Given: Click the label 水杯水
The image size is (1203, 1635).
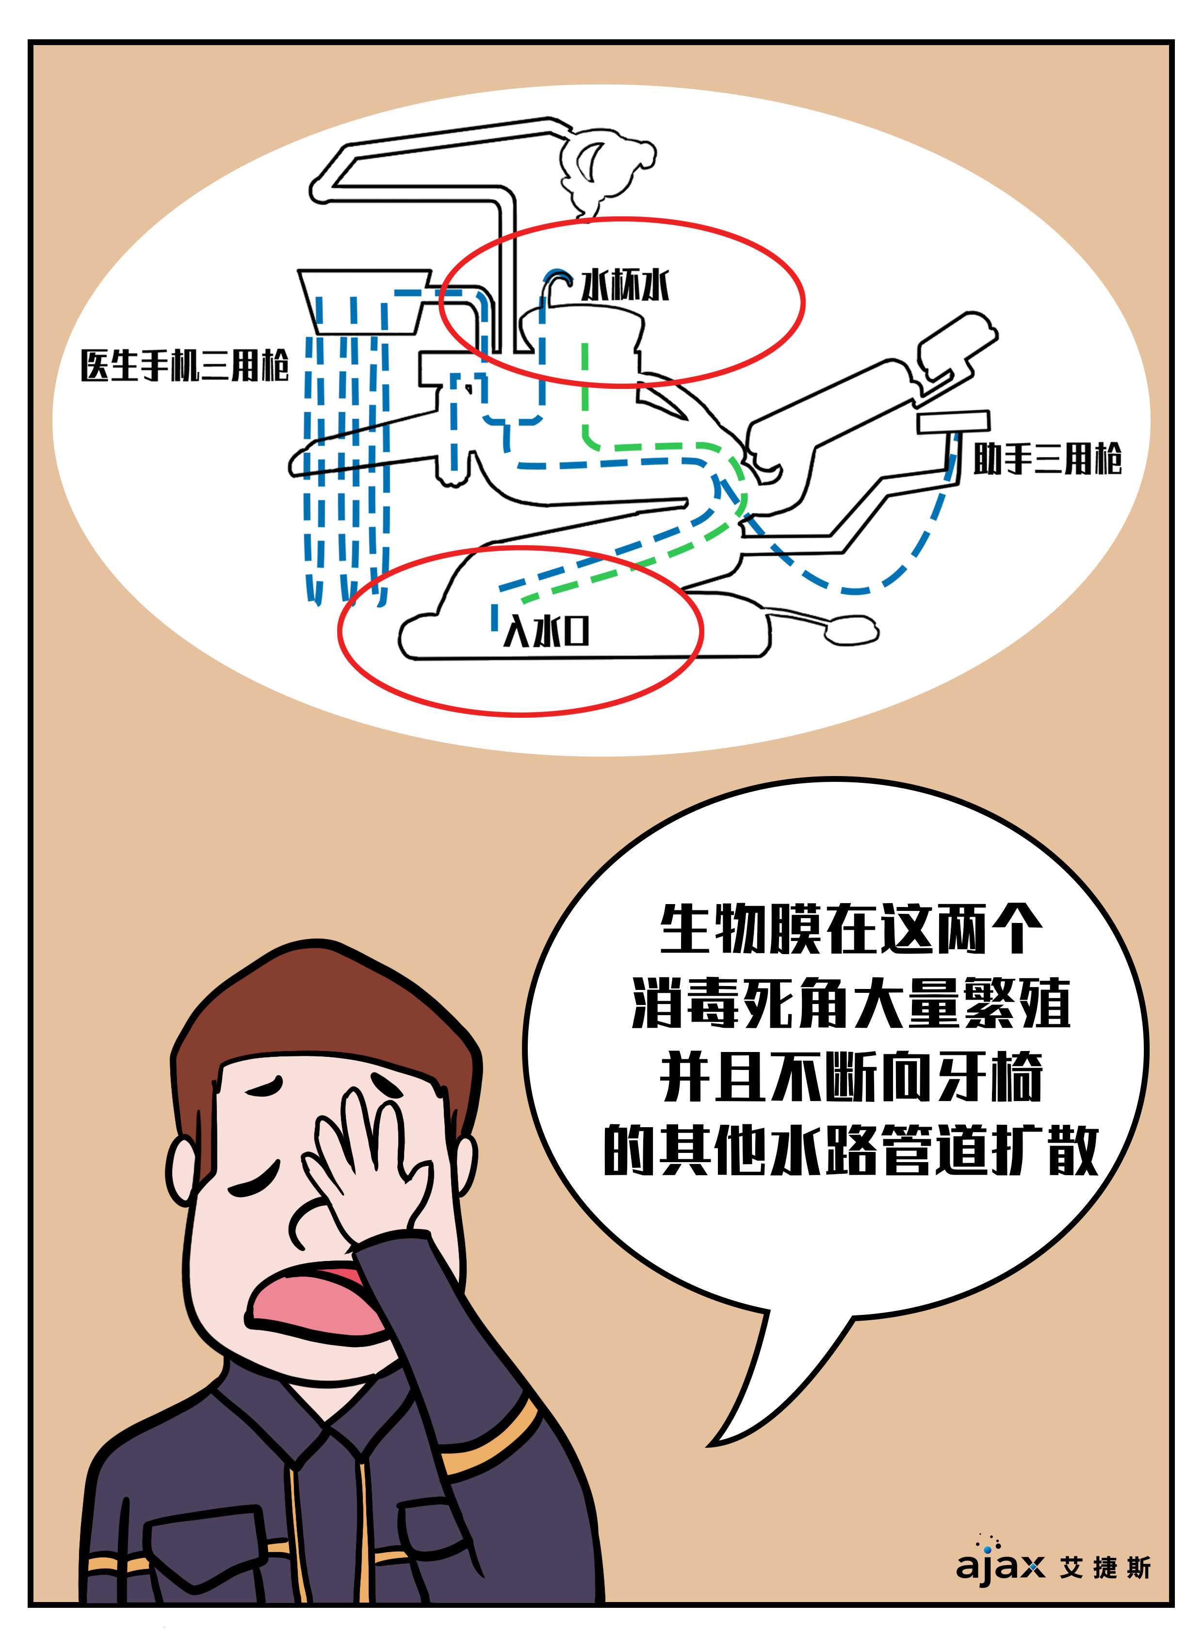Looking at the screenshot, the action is coord(625,285).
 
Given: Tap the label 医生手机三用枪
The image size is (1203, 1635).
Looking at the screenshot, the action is coord(185,365).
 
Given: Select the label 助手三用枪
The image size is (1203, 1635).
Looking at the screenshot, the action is coord(1048,459).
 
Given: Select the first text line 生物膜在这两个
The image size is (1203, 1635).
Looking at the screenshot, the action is coord(850,928).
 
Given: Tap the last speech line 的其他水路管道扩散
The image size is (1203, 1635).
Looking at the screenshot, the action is coord(850,1149).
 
